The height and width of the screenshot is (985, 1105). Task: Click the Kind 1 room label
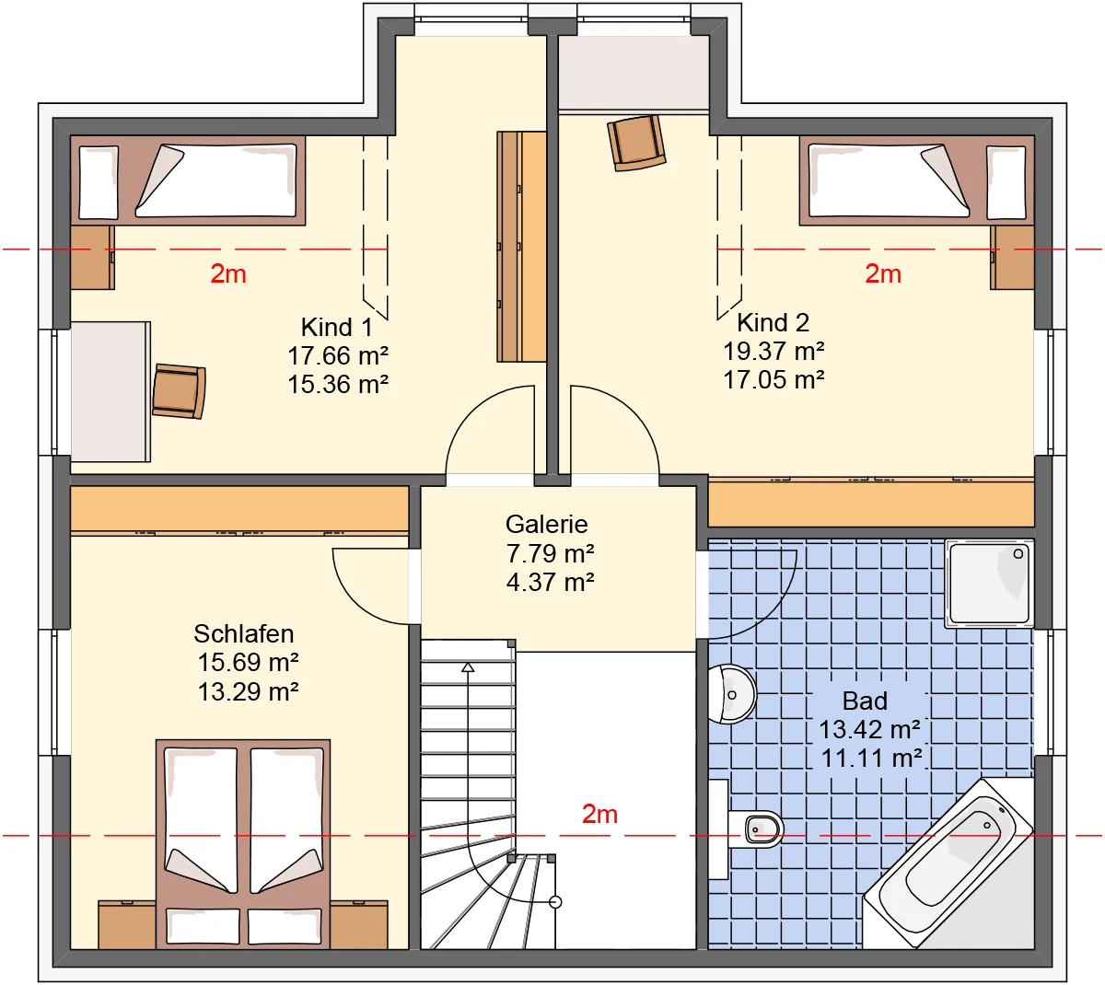(x=337, y=327)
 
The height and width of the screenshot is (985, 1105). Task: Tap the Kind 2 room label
(x=773, y=322)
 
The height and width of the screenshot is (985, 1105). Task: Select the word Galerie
(x=546, y=524)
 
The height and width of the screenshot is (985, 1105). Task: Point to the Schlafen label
(x=244, y=633)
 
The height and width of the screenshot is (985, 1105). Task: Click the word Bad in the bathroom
(x=865, y=701)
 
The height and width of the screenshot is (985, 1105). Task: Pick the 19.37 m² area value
(x=773, y=352)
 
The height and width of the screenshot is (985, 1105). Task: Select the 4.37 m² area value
(x=550, y=582)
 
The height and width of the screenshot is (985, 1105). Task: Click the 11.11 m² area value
(x=871, y=759)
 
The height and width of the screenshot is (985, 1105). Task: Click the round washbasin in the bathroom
(x=732, y=694)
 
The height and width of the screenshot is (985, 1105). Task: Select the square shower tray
(x=989, y=584)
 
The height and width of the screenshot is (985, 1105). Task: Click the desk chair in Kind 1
(x=179, y=391)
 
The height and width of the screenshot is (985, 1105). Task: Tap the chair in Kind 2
(x=636, y=143)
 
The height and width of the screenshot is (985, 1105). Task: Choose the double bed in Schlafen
(x=243, y=844)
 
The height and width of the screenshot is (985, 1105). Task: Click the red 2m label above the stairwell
(x=599, y=815)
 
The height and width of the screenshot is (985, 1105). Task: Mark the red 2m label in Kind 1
(x=228, y=273)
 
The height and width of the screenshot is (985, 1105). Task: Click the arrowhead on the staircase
(x=468, y=667)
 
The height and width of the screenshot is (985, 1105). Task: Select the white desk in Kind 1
(x=110, y=391)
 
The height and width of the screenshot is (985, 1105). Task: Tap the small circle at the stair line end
(x=555, y=902)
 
